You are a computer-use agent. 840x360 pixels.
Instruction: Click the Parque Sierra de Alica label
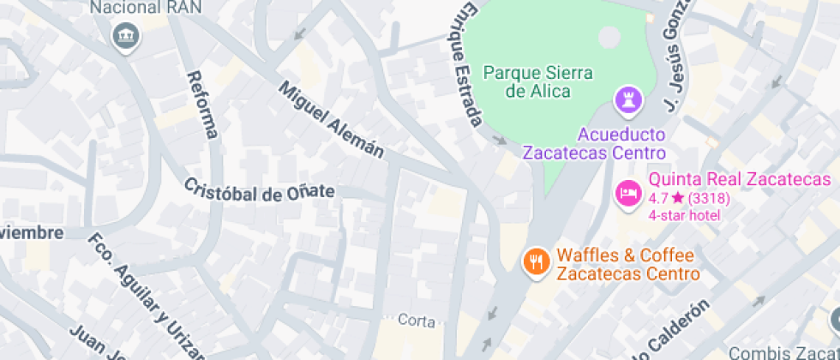[537, 81]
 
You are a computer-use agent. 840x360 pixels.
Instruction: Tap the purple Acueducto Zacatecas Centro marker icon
[628, 100]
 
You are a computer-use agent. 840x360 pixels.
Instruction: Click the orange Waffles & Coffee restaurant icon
[537, 261]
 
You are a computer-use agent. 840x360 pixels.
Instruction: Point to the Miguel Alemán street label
[332, 119]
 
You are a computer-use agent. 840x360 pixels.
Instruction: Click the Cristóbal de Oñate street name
[260, 191]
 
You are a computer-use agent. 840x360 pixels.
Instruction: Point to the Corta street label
[417, 321]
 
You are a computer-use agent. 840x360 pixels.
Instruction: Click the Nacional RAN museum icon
[127, 36]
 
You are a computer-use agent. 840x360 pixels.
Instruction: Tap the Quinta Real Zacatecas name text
[740, 180]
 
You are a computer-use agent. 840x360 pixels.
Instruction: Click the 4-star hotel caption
[684, 214]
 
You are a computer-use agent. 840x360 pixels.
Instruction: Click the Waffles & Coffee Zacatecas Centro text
[627, 264]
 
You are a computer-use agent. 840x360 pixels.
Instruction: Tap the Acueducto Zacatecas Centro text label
[596, 143]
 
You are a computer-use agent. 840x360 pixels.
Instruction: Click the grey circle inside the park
[609, 37]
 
